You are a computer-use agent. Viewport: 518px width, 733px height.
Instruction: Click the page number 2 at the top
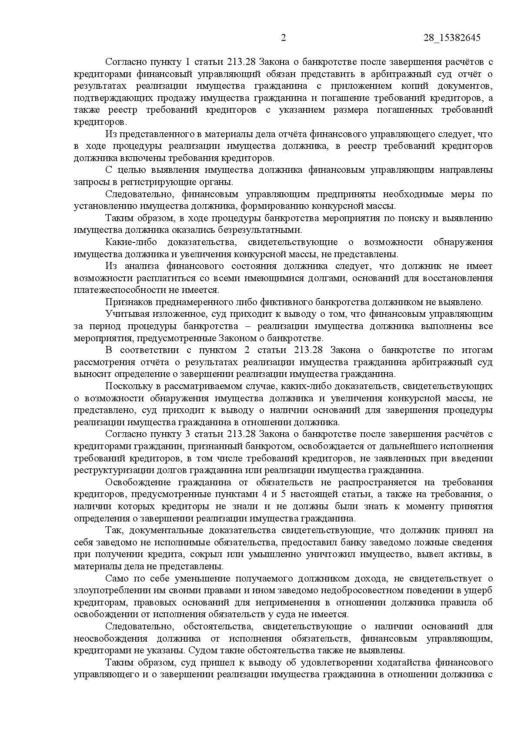coord(284,38)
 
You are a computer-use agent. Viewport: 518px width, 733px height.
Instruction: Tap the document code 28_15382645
coord(452,38)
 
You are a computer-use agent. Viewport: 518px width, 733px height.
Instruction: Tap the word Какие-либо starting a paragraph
coord(130,242)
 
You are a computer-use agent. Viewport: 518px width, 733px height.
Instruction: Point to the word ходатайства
coord(416,662)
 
